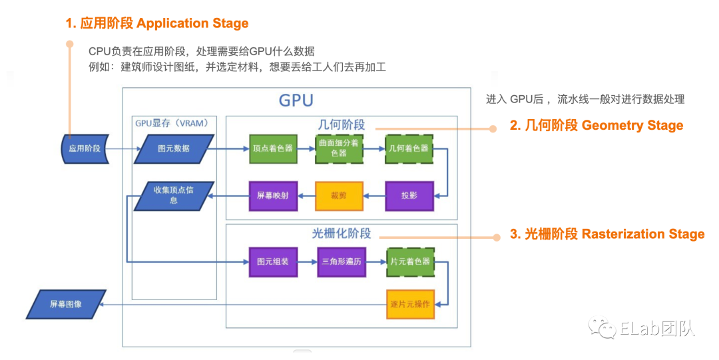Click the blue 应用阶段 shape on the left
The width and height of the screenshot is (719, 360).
pos(84,148)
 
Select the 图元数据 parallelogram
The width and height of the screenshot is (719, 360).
pos(174,148)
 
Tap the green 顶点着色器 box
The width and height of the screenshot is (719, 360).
pos(272,148)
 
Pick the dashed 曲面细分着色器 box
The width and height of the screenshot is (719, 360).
pos(339,148)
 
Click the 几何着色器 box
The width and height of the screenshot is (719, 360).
pos(409,148)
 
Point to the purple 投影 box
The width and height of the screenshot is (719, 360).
pos(409,196)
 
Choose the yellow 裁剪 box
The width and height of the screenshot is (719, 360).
pos(339,196)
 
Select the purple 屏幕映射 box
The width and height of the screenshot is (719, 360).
pos(272,196)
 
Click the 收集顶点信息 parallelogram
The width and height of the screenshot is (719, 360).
pos(174,196)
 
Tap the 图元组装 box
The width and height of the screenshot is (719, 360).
pos(272,262)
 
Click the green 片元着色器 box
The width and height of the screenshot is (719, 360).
pos(409,262)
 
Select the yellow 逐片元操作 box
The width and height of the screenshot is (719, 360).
pos(409,305)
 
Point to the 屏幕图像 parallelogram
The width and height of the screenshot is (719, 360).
pos(67,304)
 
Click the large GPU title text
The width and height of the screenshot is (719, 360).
pos(296,100)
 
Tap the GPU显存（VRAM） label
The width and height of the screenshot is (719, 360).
pos(172,122)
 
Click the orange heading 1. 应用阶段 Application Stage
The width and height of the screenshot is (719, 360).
pos(156,23)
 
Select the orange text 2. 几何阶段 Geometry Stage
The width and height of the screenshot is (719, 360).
pos(596,125)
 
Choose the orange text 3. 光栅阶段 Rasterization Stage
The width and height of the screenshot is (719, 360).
pos(606,234)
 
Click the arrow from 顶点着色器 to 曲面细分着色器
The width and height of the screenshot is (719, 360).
pos(306,149)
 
